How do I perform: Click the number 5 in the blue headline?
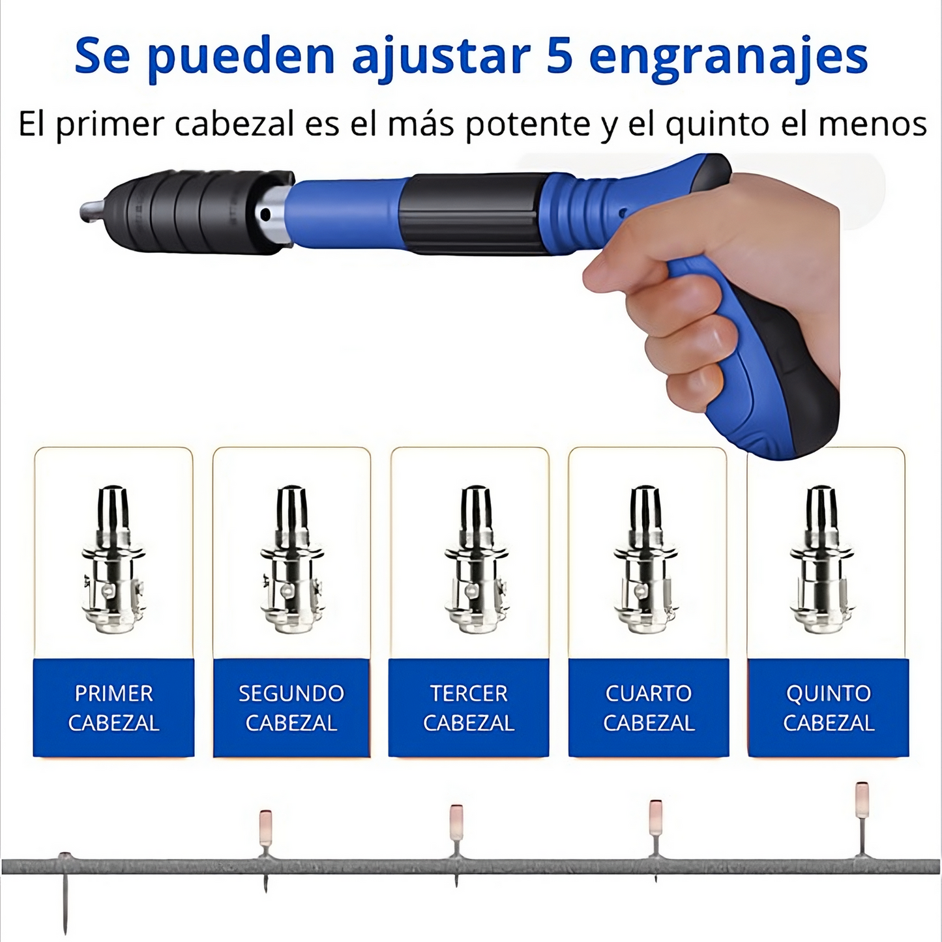coord(557,56)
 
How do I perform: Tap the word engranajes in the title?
coord(728,59)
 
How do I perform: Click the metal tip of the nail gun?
coord(91,211)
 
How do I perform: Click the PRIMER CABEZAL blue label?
coord(113,708)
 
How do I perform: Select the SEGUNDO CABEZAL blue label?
coord(291,708)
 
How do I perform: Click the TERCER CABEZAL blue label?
coord(469,708)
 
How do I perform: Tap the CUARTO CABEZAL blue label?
coord(649,708)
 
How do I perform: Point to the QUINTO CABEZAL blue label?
coord(829,708)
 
